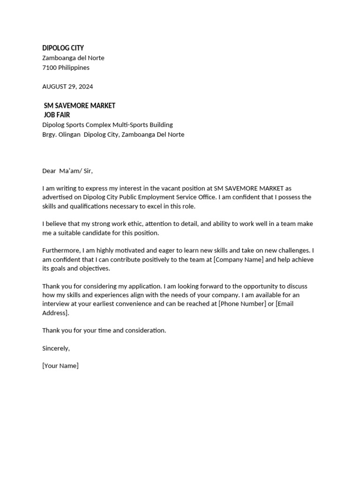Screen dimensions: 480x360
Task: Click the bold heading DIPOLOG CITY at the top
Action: tap(63, 48)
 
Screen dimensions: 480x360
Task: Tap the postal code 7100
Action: tap(49, 67)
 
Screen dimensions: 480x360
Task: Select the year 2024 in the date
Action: tap(85, 86)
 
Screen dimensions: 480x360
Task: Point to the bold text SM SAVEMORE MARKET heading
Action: tap(79, 105)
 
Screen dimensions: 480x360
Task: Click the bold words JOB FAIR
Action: tap(57, 115)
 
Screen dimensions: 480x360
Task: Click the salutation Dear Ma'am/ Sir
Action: tap(70, 171)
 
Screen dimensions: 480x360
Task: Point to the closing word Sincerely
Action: tap(56, 348)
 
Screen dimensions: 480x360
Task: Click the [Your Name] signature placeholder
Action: tap(60, 366)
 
